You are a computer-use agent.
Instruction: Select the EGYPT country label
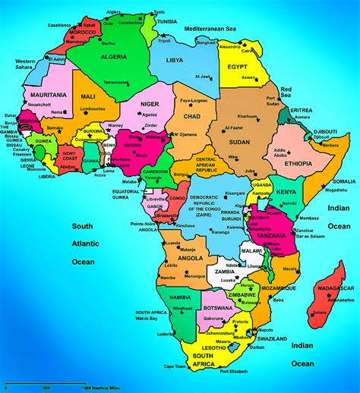pyautogui.click(x=236, y=67)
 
